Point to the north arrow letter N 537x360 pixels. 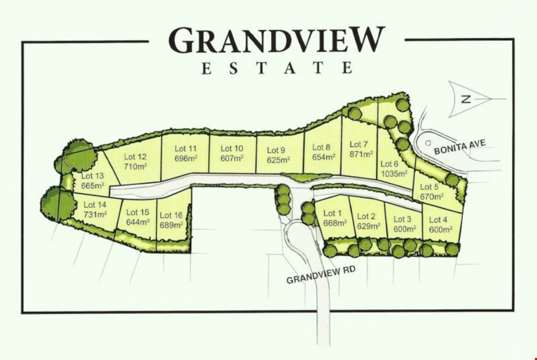click(465, 99)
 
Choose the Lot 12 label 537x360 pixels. click(135, 157)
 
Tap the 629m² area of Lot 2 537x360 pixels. click(369, 226)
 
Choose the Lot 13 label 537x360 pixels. click(93, 176)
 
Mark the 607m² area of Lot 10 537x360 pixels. click(232, 158)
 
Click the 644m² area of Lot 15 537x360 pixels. click(137, 222)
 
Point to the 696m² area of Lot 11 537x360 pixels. click(186, 158)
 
